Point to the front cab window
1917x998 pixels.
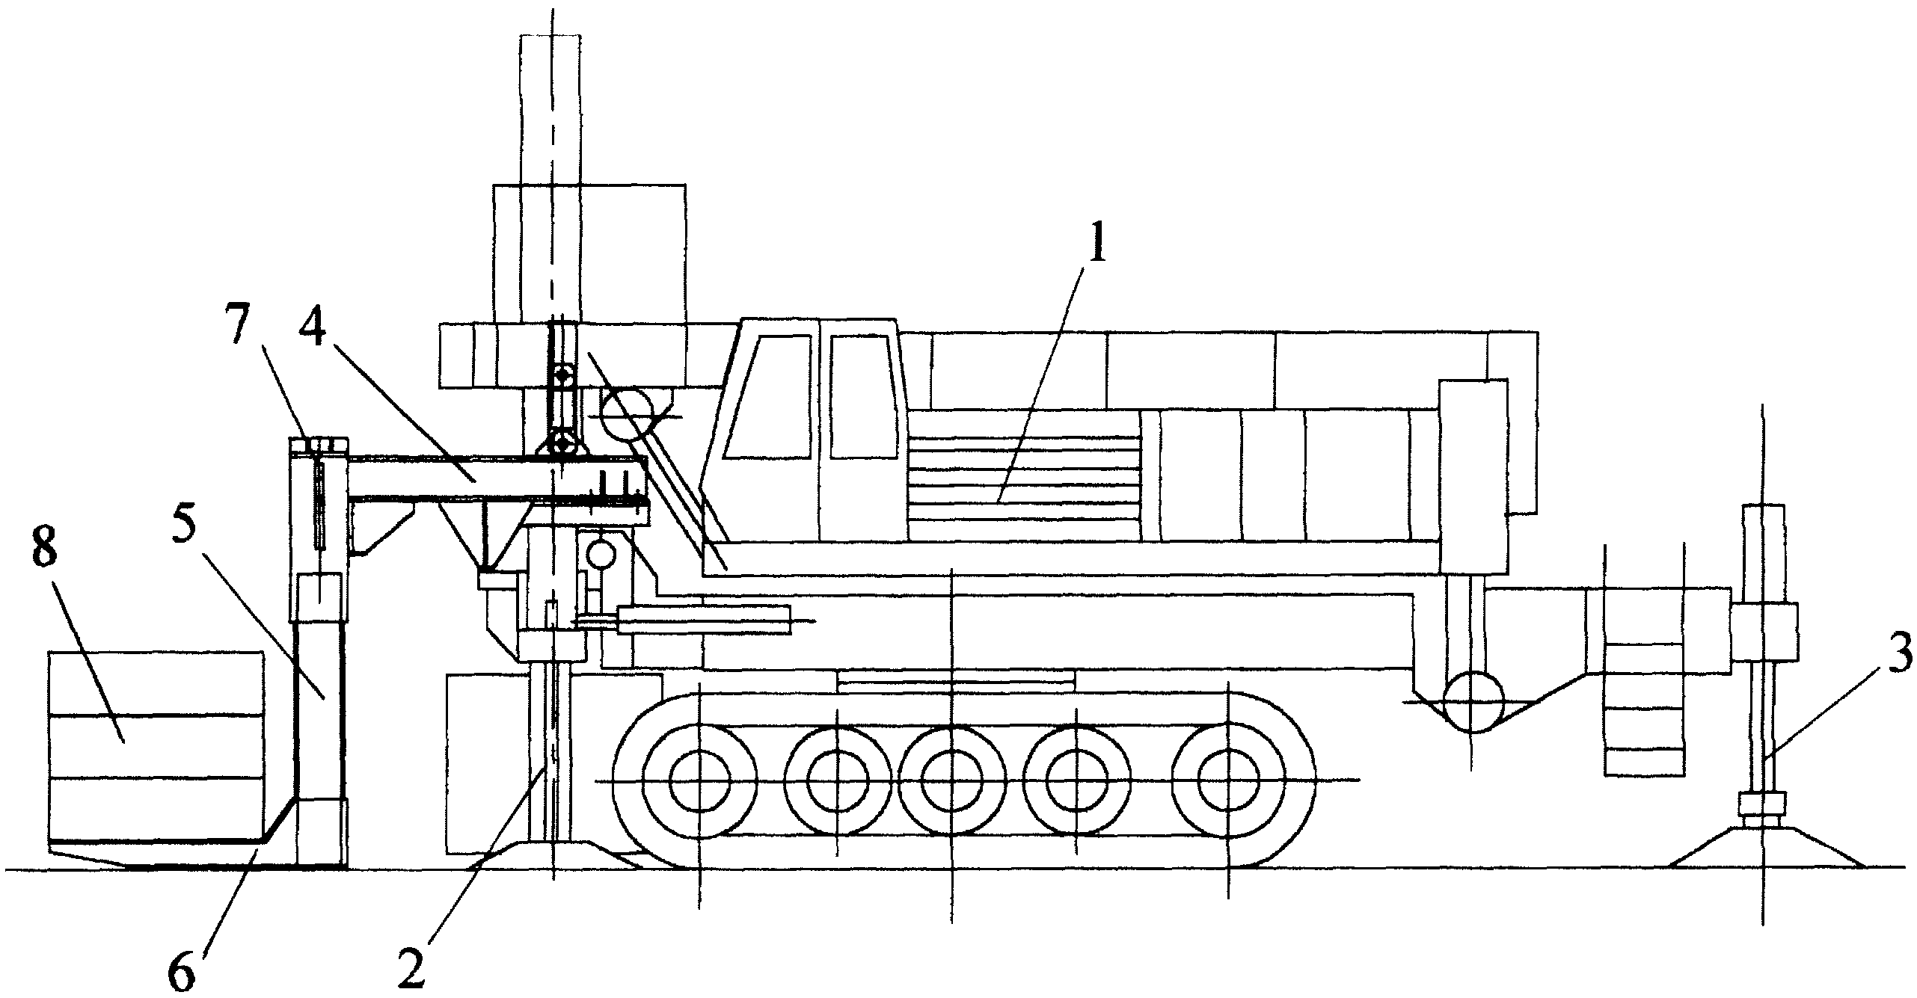[767, 396]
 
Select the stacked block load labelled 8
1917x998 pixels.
[156, 747]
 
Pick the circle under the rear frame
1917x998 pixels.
[1473, 702]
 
